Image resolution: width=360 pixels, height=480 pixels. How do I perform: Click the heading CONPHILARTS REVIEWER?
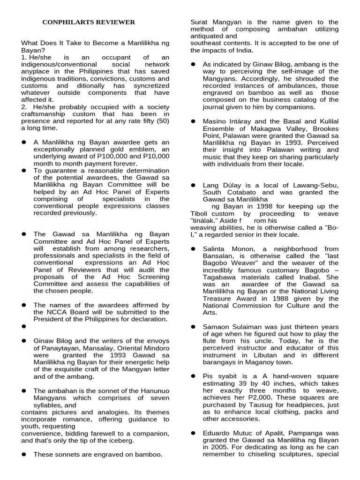point(89,22)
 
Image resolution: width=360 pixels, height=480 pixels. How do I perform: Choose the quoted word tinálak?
point(205,220)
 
